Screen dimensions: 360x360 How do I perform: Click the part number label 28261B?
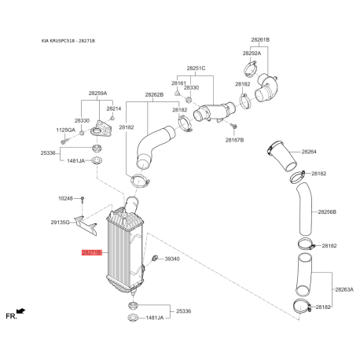pyautogui.click(x=260, y=39)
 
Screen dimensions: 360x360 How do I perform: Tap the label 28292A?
pyautogui.click(x=251, y=53)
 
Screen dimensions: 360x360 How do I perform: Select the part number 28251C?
pyautogui.click(x=196, y=68)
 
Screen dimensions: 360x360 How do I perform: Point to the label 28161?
pyautogui.click(x=178, y=83)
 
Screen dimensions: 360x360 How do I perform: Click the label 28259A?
pyautogui.click(x=97, y=94)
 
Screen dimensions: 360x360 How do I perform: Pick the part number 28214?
pyautogui.click(x=115, y=108)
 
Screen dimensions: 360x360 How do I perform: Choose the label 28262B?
pyautogui.click(x=154, y=94)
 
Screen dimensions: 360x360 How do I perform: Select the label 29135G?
pyautogui.click(x=61, y=223)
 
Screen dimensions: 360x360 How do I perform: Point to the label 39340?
pyautogui.click(x=173, y=259)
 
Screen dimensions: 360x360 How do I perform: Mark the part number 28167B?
pyautogui.click(x=235, y=140)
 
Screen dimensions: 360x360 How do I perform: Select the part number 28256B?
pyautogui.click(x=326, y=212)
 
